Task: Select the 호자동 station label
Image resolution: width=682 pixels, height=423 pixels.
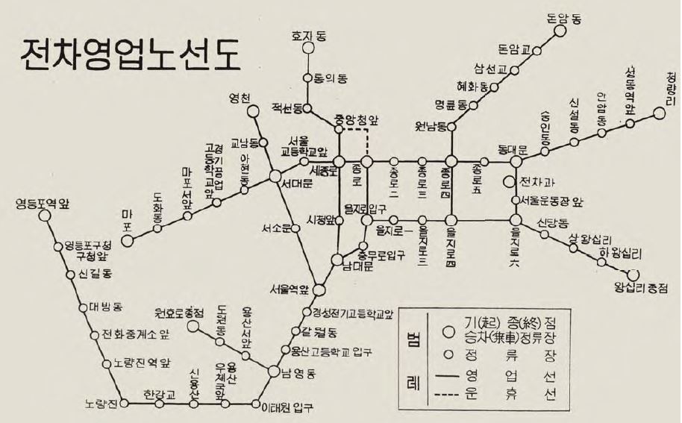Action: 307,34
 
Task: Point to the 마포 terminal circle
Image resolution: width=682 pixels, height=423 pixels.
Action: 128,240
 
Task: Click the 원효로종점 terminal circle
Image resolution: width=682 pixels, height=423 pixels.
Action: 193,326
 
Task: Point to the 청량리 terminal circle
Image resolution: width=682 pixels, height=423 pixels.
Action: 658,113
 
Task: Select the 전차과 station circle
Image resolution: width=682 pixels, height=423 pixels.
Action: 510,181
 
